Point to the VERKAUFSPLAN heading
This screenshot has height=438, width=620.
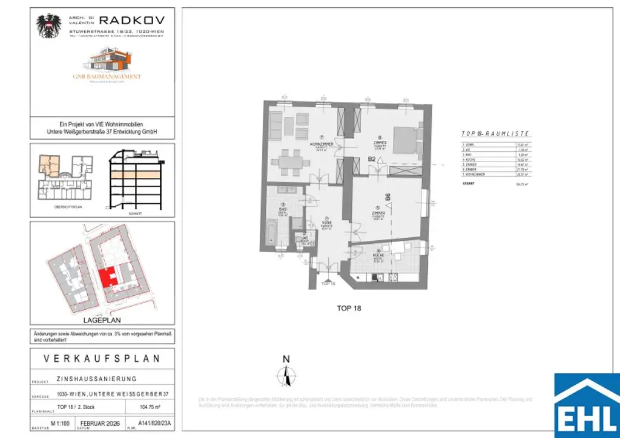click(x=102, y=359)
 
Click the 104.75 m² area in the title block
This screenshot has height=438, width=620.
click(x=152, y=407)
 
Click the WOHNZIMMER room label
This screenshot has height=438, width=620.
click(x=320, y=145)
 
